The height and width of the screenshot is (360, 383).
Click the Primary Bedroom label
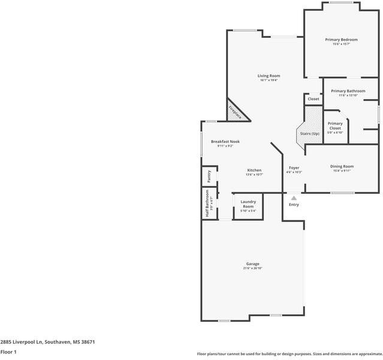[341, 40]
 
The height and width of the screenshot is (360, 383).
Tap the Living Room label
[269, 76]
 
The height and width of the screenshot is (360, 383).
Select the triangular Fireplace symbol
[234, 111]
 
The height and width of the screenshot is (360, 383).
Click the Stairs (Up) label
[309, 133]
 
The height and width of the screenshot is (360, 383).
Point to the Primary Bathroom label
[348, 91]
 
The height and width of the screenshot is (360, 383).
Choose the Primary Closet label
[335, 125]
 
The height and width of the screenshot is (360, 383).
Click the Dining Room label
[342, 166]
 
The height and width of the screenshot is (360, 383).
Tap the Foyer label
[294, 168]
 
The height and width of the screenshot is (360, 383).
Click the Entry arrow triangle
[294, 197]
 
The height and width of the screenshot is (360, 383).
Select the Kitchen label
[254, 170]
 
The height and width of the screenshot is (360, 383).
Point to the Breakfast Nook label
[225, 142]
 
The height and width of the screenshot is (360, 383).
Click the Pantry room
[209, 176]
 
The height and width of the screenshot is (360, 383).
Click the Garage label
[252, 264]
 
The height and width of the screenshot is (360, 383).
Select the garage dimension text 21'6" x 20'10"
[252, 268]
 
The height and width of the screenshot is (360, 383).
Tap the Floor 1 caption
[8, 352]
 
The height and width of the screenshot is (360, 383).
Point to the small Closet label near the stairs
[313, 99]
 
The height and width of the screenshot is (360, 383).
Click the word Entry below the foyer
[294, 205]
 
